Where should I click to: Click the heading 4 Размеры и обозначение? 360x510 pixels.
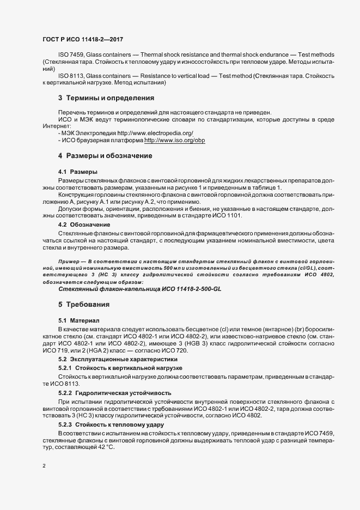105,156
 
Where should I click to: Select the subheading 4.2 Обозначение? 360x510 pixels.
84,224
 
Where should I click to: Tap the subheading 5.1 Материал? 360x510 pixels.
79,320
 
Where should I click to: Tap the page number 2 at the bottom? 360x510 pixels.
44,466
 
